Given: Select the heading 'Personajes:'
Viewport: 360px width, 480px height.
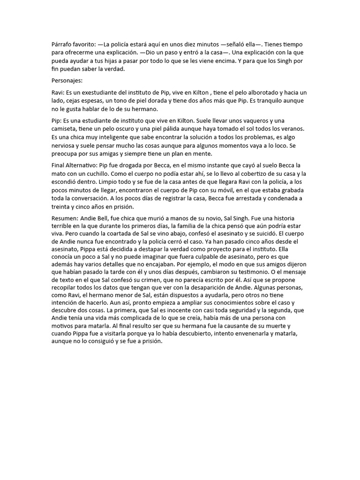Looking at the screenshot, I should click(x=67, y=81).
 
